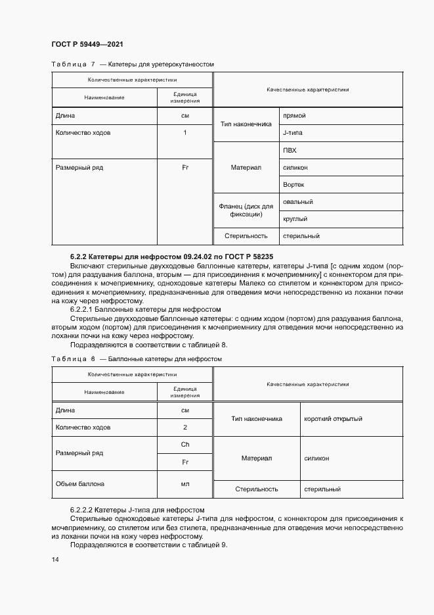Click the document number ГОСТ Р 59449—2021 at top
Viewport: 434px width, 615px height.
tap(87, 44)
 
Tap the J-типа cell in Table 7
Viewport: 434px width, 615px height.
tap(292, 133)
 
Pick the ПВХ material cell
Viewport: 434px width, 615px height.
tap(290, 151)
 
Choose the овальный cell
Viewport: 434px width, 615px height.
tap(297, 202)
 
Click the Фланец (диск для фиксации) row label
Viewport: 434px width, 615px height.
tap(246, 210)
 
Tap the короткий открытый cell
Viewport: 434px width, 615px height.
tap(333, 418)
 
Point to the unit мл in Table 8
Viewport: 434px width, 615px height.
tap(185, 484)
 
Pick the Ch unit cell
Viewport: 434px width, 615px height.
tap(185, 445)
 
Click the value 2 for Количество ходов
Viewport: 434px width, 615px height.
tap(185, 427)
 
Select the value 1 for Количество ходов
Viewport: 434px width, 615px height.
tap(185, 133)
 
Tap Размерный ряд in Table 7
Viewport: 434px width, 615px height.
tap(79, 168)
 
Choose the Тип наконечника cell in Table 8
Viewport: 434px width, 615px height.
tap(257, 418)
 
